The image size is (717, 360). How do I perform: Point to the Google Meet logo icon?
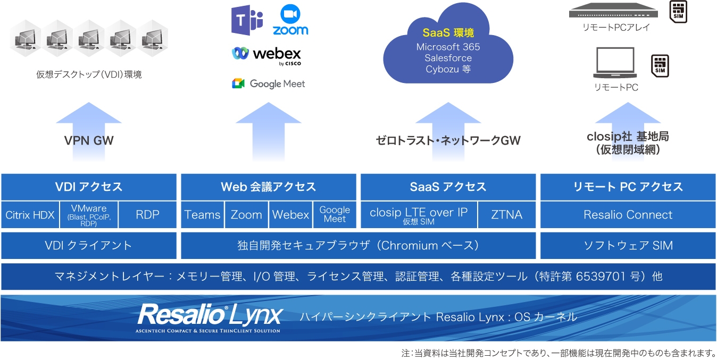click(x=238, y=83)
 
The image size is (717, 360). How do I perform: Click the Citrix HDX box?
click(x=30, y=215)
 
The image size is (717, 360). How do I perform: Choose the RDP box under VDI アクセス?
click(x=147, y=215)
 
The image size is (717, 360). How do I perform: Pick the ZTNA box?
click(x=507, y=215)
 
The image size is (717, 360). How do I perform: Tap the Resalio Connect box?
click(x=628, y=215)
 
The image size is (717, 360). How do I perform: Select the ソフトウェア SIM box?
click(x=628, y=245)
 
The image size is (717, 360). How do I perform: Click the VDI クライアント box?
click(x=88, y=245)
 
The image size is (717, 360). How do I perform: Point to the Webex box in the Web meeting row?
click(x=290, y=215)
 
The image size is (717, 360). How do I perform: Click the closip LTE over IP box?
click(x=419, y=215)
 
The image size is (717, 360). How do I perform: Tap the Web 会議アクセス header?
click(x=268, y=187)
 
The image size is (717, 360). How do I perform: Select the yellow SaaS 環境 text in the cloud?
click(x=448, y=33)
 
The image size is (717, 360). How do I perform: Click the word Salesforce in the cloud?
click(x=448, y=58)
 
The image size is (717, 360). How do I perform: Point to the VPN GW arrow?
click(x=89, y=130)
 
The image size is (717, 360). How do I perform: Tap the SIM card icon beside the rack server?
click(x=678, y=12)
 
